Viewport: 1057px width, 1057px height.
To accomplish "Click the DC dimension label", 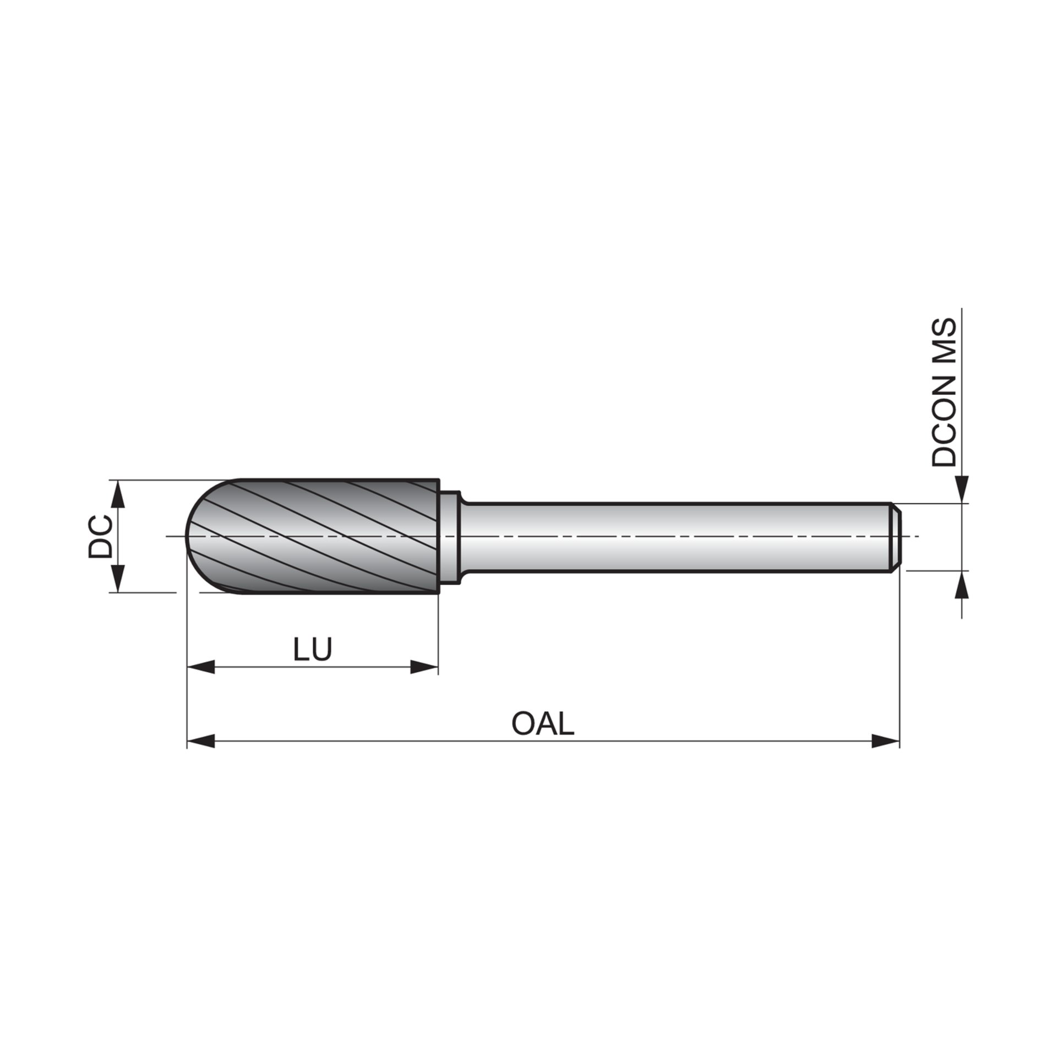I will click(x=100, y=536).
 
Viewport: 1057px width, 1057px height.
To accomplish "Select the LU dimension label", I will click(x=312, y=650).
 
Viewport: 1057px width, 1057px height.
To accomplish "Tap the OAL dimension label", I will click(x=542, y=724).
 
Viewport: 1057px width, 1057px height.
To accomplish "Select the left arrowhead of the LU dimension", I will click(x=201, y=668).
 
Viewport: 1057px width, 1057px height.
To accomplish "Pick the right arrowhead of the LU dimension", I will click(x=424, y=668).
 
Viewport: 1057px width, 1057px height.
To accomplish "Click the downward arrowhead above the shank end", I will click(x=962, y=490).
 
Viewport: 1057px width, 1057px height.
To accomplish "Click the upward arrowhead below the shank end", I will click(x=962, y=585).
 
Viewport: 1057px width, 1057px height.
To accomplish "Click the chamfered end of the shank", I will click(x=896, y=536).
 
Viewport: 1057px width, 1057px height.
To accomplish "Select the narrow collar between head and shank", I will click(x=451, y=536).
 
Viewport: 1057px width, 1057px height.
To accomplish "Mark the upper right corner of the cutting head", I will click(x=439, y=480).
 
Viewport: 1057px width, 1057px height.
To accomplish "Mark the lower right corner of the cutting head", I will click(x=439, y=593).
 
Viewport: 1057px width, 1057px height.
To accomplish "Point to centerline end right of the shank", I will click(x=918, y=536).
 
